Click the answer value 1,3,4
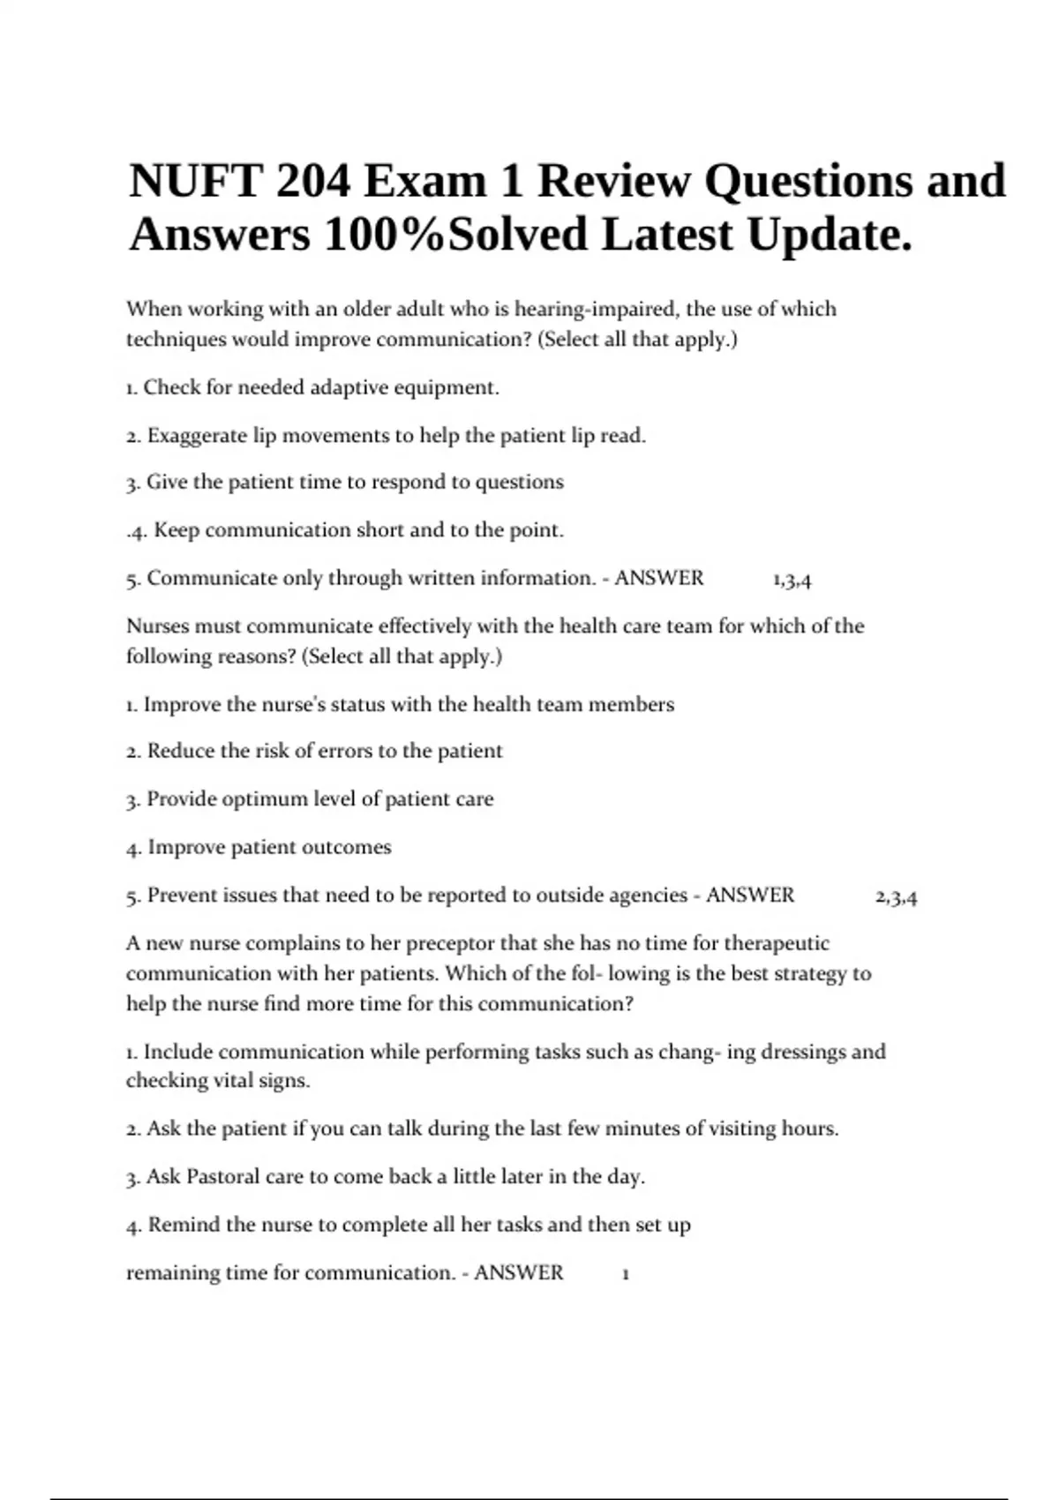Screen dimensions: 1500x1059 tap(792, 580)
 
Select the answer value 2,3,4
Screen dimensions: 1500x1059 tap(896, 897)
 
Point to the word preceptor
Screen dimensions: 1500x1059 tap(449, 943)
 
